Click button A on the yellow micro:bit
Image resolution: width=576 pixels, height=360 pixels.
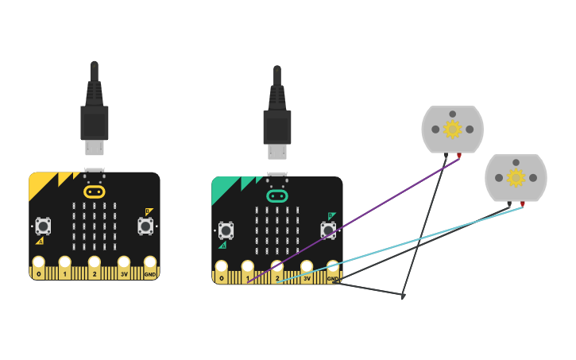coord(43,226)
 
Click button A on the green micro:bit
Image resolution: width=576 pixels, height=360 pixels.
coord(226,230)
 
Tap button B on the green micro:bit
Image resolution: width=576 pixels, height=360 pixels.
coord(328,230)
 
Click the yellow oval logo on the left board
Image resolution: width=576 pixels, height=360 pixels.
coord(94,192)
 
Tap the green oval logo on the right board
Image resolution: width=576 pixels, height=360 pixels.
coord(276,195)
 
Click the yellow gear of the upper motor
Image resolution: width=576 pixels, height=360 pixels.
coord(452,129)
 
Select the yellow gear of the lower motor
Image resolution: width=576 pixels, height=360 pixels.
coord(516,177)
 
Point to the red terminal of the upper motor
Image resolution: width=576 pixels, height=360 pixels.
coord(458,156)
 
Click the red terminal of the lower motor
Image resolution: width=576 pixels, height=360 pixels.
coord(522,204)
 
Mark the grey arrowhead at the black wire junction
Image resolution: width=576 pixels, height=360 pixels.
coord(403,296)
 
